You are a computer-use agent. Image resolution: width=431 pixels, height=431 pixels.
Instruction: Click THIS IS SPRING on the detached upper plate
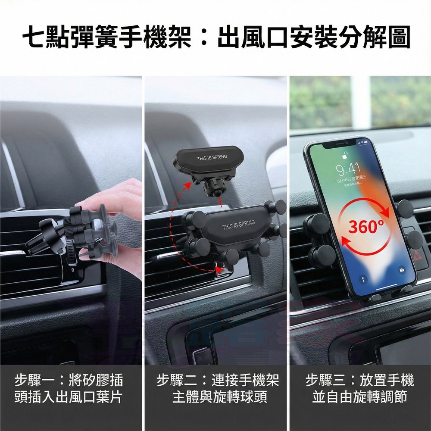point(212,157)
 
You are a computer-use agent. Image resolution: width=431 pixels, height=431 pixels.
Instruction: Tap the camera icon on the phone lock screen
point(402,270)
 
